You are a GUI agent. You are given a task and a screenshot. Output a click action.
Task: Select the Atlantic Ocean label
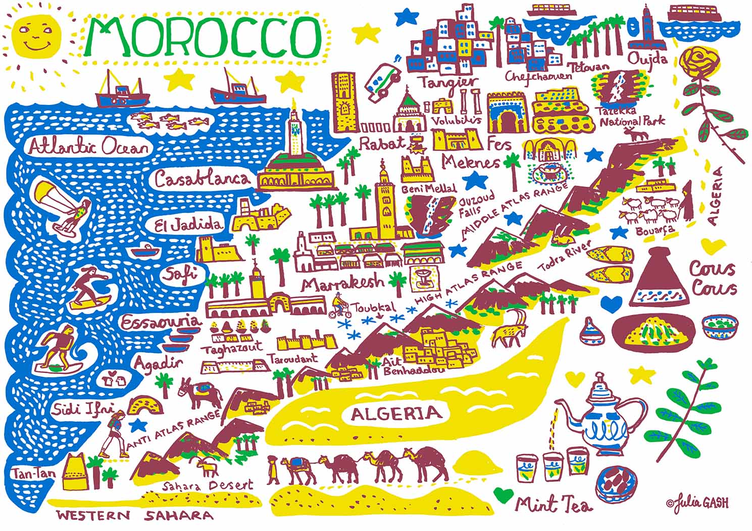[x=89, y=147]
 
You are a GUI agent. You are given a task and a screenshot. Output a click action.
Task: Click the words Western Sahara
[x=134, y=515]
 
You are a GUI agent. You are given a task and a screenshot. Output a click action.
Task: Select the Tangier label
[x=447, y=82]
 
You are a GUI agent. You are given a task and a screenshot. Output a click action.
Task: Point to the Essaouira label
[x=161, y=321]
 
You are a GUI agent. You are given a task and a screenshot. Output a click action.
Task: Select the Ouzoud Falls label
[x=476, y=205]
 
